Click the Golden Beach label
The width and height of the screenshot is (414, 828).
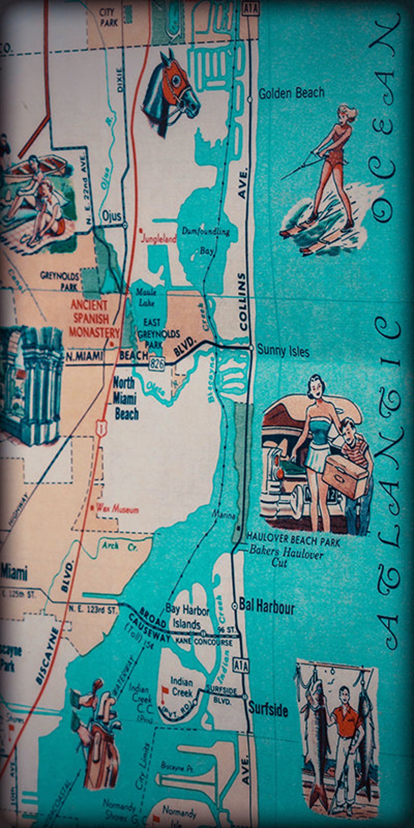coord(291,93)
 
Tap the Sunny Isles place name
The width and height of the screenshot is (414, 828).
coord(283,351)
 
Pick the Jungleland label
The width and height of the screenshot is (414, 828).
coord(159,239)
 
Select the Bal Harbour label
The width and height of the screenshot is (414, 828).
coord(267,608)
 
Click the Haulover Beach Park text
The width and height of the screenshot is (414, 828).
coord(293,540)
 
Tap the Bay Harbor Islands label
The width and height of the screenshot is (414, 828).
coord(187,617)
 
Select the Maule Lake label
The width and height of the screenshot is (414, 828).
coord(146,297)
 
